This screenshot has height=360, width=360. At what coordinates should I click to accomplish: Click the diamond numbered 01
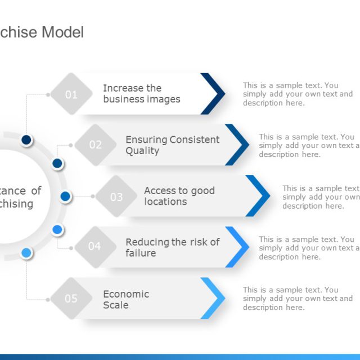[71, 94]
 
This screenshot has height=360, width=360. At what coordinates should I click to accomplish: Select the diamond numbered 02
[96, 145]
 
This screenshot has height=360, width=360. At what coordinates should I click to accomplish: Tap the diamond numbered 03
[116, 196]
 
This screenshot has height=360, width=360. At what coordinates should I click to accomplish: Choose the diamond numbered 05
[71, 299]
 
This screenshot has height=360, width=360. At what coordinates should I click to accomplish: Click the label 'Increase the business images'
[141, 94]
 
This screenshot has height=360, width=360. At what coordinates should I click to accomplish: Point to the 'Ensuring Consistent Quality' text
[172, 145]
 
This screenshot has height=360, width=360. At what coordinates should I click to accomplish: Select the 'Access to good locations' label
[179, 196]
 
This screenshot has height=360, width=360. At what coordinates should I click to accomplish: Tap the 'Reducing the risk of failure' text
[172, 247]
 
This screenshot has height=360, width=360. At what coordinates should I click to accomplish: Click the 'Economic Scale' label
[125, 299]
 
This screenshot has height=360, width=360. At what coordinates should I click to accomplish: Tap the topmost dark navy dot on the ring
[26, 139]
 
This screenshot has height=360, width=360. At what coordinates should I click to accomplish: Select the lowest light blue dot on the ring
[26, 253]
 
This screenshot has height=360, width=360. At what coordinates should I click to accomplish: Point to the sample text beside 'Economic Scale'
[298, 299]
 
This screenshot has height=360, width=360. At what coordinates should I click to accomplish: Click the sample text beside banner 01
[298, 94]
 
